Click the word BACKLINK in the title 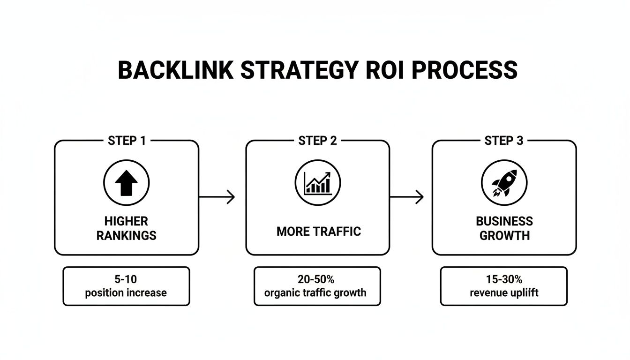pyautogui.click(x=175, y=70)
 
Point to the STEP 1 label pyautogui.click(x=127, y=141)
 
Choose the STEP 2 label pyautogui.click(x=317, y=141)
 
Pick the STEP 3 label pyautogui.click(x=504, y=141)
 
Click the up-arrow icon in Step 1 pyautogui.click(x=126, y=183)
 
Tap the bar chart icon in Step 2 pyautogui.click(x=317, y=183)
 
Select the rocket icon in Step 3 pyautogui.click(x=504, y=183)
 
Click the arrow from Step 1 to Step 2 pyautogui.click(x=217, y=197)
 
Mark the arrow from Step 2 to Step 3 pyautogui.click(x=406, y=197)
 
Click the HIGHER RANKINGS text pyautogui.click(x=126, y=228)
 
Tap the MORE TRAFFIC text pyautogui.click(x=318, y=232)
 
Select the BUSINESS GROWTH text pyautogui.click(x=504, y=228)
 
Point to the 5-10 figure pyautogui.click(x=126, y=280)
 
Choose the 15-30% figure pyautogui.click(x=504, y=280)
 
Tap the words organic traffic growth pyautogui.click(x=315, y=293)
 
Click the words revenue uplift pyautogui.click(x=504, y=293)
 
